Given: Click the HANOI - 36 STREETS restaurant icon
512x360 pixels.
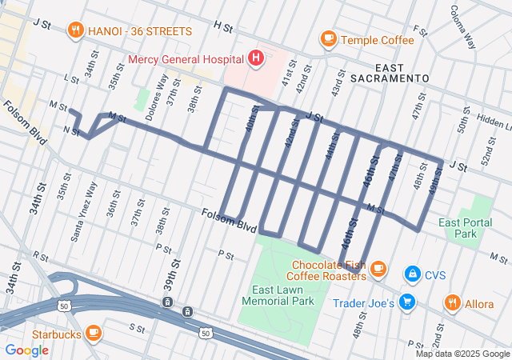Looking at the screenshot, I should [77, 31].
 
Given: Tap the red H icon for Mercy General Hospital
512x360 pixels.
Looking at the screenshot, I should [255, 58].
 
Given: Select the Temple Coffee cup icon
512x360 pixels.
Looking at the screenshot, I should [328, 38].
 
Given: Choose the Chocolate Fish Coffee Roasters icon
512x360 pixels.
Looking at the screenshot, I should [378, 270].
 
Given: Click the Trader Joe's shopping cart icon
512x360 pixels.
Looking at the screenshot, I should [407, 302].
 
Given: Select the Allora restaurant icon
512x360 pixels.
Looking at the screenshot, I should [453, 303].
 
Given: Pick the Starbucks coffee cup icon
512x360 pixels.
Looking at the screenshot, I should [94, 332].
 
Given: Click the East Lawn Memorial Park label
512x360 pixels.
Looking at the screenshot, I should [282, 295].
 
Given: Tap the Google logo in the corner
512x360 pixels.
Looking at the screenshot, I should [27, 350].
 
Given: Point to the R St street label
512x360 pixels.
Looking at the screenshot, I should [39, 258].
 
